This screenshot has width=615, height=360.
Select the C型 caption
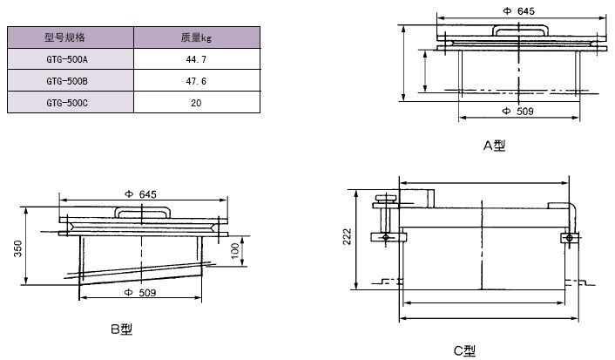(464, 350)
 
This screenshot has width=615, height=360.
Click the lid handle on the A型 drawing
(520, 31)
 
